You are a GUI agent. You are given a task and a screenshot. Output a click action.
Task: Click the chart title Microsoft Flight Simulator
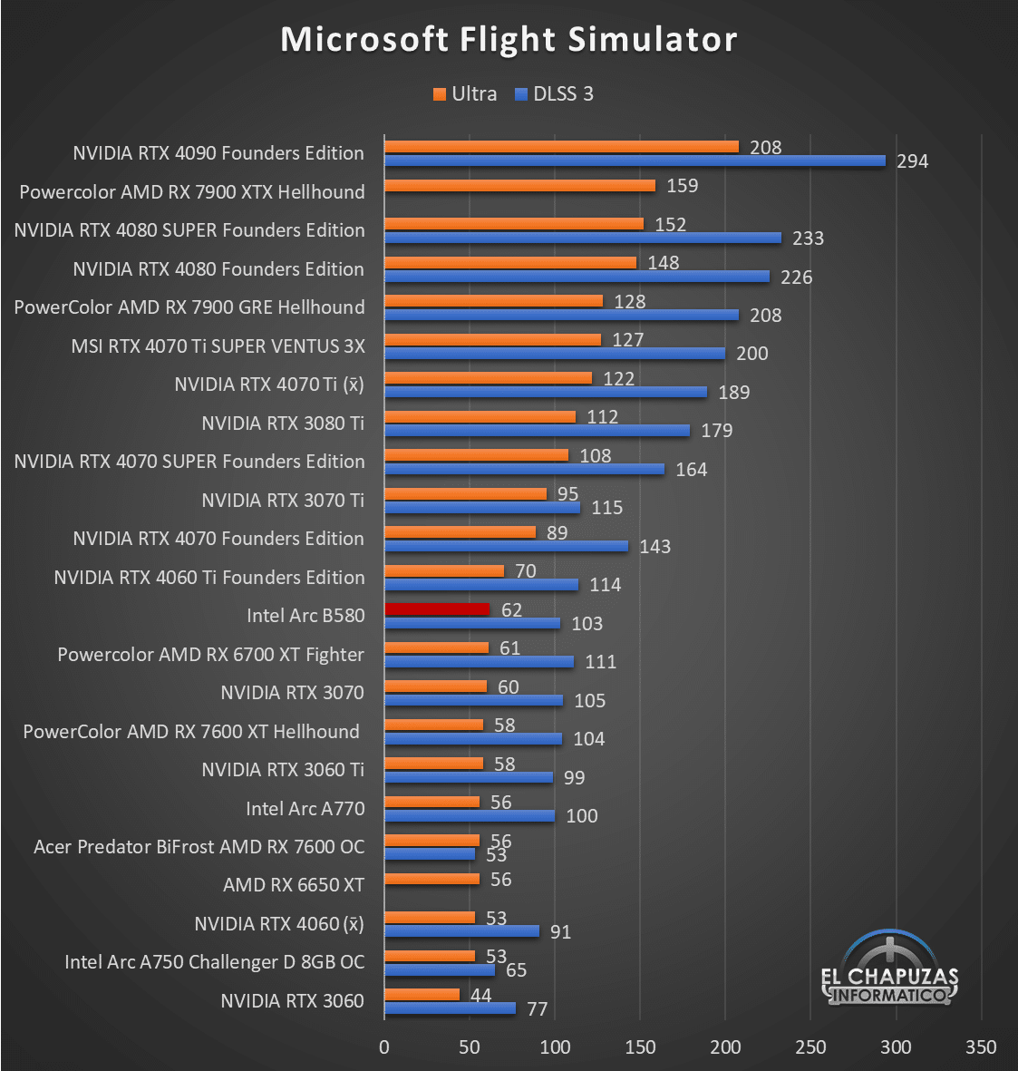tap(509, 39)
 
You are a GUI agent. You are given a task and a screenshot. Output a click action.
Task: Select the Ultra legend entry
tap(465, 94)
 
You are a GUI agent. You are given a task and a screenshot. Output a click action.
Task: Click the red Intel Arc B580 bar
tap(437, 609)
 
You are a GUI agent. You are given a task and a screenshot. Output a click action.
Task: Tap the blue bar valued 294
tap(635, 161)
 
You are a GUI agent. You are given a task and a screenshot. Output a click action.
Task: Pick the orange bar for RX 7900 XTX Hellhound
tap(519, 186)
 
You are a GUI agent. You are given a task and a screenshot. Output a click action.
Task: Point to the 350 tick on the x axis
tap(981, 1047)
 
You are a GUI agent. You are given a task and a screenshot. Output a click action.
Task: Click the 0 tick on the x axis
tap(384, 1047)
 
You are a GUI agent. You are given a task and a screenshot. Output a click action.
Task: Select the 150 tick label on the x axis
tap(640, 1047)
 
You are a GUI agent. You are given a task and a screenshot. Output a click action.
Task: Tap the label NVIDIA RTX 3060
tap(292, 1001)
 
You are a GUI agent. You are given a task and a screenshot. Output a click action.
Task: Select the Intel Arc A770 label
tap(305, 808)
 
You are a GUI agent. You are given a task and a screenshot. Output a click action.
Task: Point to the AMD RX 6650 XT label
tap(294, 885)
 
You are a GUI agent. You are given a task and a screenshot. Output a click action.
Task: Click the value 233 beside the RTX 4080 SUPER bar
tap(808, 239)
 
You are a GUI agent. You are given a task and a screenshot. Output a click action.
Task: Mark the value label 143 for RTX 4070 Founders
tap(654, 547)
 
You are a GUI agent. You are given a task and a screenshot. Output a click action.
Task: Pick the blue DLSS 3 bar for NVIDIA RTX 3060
tap(450, 1008)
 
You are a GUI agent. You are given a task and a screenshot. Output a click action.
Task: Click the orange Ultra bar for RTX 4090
tap(561, 147)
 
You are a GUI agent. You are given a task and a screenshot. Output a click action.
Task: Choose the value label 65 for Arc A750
tap(516, 970)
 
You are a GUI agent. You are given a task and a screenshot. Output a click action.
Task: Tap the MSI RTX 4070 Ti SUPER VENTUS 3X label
tap(218, 346)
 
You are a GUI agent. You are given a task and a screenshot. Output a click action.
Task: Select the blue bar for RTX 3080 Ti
tap(537, 431)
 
